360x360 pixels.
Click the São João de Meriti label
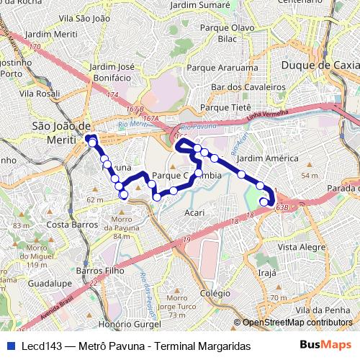59,132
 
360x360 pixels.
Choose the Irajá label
268,274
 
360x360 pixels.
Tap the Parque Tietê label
225,107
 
